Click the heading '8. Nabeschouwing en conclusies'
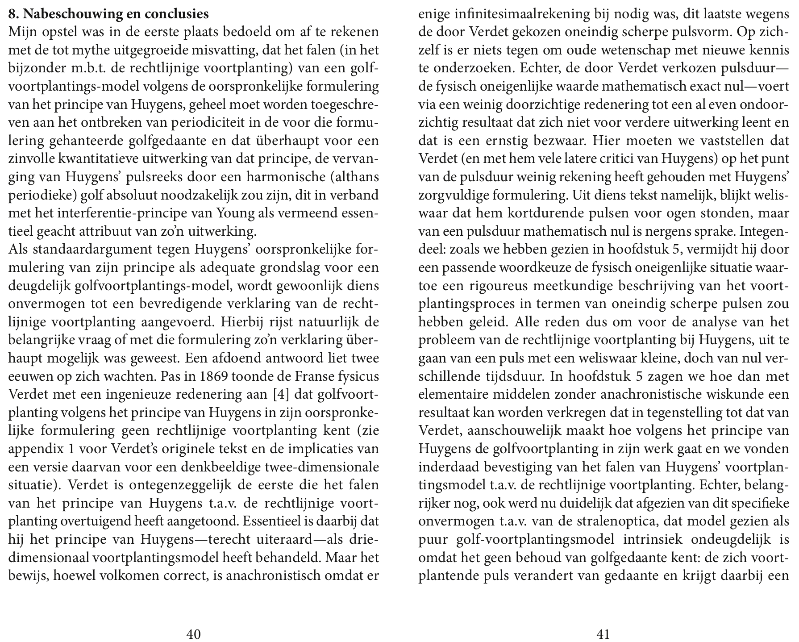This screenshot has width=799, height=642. (108, 14)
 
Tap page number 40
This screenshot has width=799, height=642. (193, 634)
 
